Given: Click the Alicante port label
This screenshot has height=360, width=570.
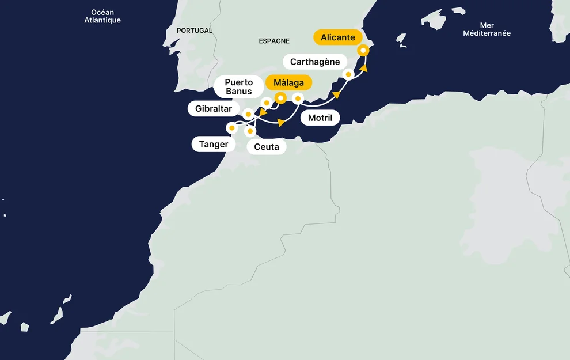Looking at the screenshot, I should [338, 38].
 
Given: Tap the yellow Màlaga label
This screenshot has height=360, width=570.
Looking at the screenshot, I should [288, 83].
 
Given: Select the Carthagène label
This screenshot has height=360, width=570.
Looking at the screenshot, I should [315, 62].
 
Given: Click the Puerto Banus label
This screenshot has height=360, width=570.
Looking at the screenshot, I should [238, 87].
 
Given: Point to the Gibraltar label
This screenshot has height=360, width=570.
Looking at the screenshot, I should [213, 108].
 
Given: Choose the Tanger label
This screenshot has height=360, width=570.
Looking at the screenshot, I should [214, 145].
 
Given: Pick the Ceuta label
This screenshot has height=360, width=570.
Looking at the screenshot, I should [266, 147].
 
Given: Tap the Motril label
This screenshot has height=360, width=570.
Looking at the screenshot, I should [320, 118].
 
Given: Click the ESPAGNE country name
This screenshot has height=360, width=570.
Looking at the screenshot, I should [274, 41].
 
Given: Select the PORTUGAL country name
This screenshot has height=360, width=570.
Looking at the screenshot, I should [195, 31].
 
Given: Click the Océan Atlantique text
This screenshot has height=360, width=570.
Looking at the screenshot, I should [102, 17].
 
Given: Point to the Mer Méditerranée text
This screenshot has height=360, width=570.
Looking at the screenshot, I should [487, 29].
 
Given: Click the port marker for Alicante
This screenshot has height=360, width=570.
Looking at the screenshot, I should [363, 50].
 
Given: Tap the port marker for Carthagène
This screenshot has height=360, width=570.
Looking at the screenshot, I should [348, 74].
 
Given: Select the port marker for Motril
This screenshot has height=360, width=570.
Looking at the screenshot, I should [298, 98].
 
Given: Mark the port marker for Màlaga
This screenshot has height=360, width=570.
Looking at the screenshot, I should [280, 98].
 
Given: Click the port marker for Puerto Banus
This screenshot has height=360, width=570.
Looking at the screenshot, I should [266, 103].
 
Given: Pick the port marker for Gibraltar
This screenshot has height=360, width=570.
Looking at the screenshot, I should [248, 114].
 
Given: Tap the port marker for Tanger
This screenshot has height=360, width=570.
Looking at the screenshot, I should [232, 128].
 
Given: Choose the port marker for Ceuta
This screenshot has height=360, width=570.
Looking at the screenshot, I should [250, 131].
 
